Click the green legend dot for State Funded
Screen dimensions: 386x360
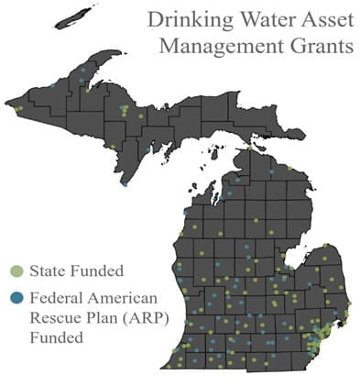coord(16,270)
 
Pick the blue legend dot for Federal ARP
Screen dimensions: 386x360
coord(16,297)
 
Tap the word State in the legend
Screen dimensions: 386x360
coord(47,270)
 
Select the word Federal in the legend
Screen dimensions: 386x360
coord(57,297)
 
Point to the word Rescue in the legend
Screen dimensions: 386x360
coord(53,317)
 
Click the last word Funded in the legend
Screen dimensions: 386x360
coord(57,337)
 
